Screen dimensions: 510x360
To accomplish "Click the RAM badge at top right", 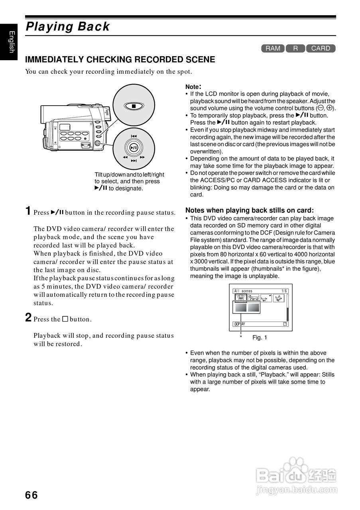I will tap(273, 49).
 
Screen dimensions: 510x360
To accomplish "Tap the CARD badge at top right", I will tap(321, 49).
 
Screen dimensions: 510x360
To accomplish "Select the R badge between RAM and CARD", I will tap(295, 49).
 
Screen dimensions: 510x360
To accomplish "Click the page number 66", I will tap(31, 495).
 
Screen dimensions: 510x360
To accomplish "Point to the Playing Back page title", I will tap(67, 27).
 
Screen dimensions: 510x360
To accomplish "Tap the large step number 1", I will tap(28, 211).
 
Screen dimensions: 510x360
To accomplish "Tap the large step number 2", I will tap(28, 318).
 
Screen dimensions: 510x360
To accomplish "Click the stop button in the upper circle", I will tap(134, 106).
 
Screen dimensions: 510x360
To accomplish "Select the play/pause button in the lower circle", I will tap(134, 148).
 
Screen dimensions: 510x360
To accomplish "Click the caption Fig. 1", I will tap(260, 337).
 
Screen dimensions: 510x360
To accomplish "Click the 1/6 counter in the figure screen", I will tap(284, 291).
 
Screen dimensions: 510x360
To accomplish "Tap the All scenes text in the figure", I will tap(244, 291).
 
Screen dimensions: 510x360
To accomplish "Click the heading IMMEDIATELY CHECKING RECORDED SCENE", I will tap(120, 60).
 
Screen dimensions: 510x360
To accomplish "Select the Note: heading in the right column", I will tap(193, 86).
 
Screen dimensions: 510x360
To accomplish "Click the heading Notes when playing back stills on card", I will tap(250, 210).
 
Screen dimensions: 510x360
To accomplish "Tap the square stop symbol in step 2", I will tap(65, 319).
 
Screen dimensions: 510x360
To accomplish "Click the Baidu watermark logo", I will tap(297, 475).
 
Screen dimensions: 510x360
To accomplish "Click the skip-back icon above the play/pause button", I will tap(134, 136).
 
